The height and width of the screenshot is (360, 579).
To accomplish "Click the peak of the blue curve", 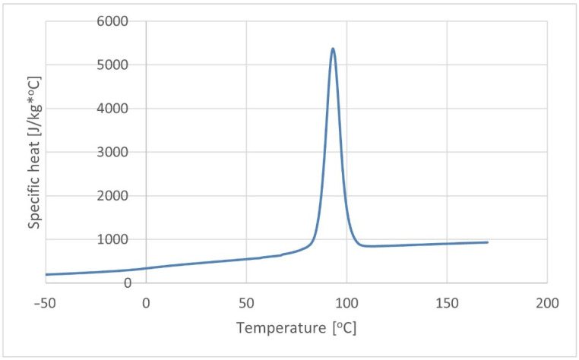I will click(333, 49).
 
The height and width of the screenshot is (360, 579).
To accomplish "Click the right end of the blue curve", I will click(487, 242).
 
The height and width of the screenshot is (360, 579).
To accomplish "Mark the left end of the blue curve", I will click(46, 274).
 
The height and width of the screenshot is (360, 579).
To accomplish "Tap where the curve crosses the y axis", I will click(146, 268).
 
